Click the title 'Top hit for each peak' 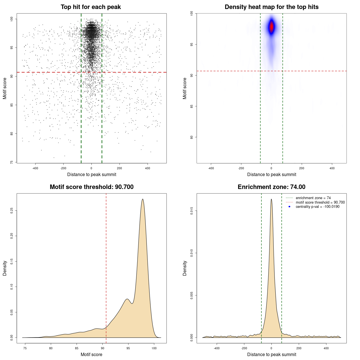pos(91,7)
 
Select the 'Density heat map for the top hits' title pos(271,7)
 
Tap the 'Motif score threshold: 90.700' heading pos(91,187)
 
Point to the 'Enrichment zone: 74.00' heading pos(271,187)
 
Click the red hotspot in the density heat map pos(271,27)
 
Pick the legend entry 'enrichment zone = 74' pos(313,198)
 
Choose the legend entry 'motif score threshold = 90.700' pos(320,202)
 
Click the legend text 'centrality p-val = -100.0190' pos(318,207)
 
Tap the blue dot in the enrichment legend pos(289,207)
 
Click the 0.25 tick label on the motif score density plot pos(12,210)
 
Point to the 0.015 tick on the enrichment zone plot pos(192,211)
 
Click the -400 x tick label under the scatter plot pos(35,168)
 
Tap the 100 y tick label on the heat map pos(192,13)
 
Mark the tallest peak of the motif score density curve pos(143,199)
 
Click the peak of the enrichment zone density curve pos(271,199)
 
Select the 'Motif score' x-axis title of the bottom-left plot pos(91,354)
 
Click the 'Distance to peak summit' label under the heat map pos(271,174)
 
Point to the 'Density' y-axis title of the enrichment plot pos(185,268)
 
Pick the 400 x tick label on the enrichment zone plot pos(326,348)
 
